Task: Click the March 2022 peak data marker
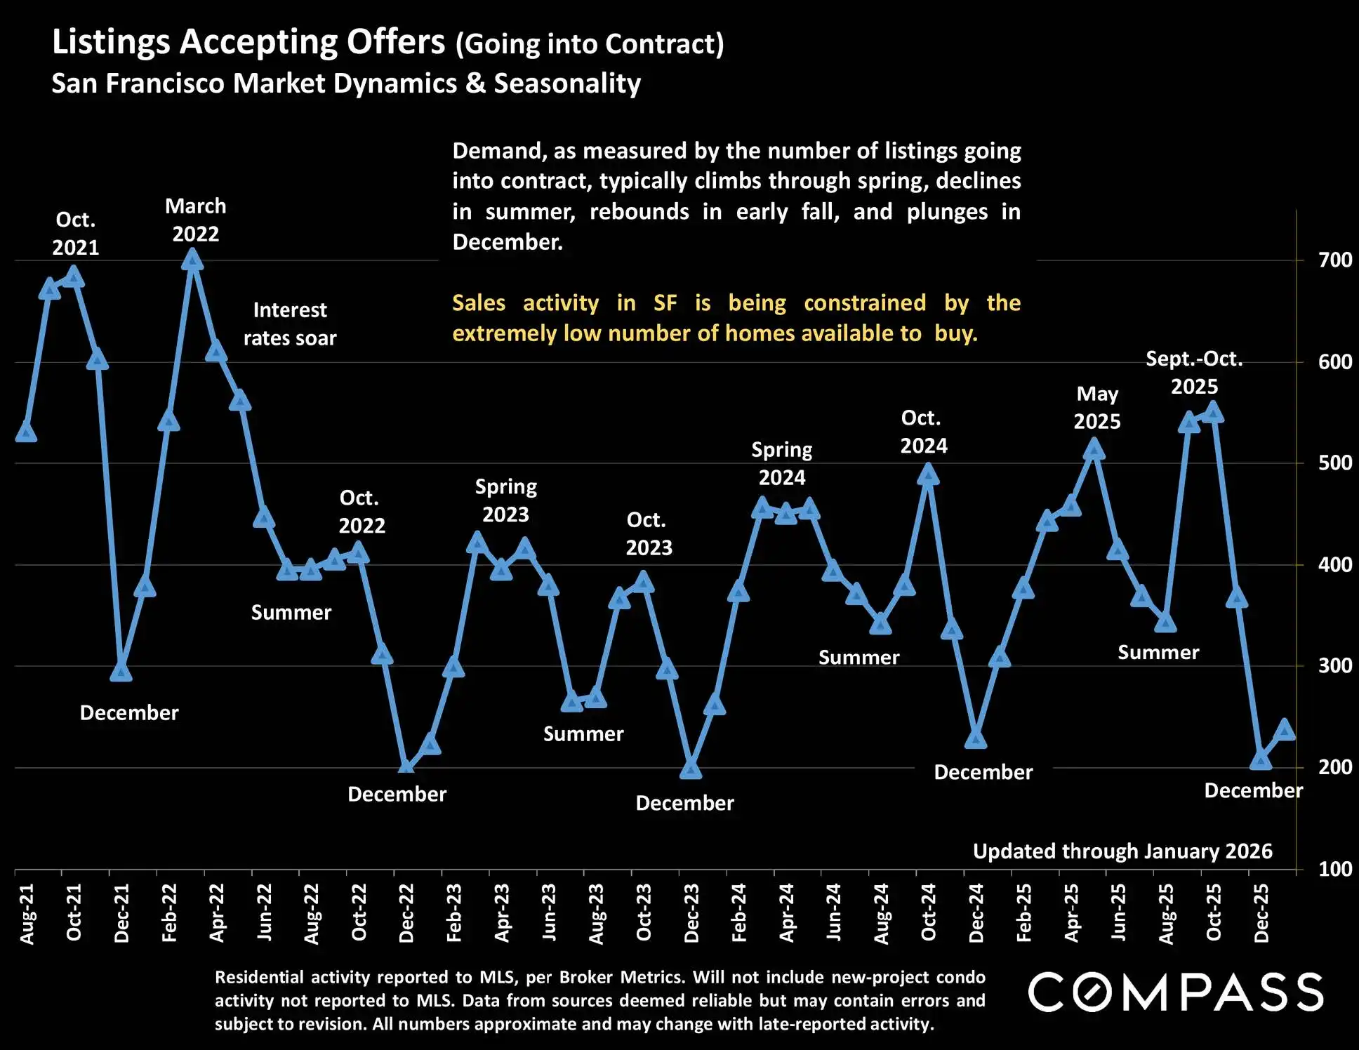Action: tap(192, 260)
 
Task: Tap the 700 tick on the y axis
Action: tap(1334, 260)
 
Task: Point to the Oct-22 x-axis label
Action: tap(359, 912)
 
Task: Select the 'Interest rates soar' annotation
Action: tap(290, 324)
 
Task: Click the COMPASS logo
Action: tap(1176, 992)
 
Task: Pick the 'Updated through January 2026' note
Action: tap(1122, 851)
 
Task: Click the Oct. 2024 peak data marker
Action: tap(928, 476)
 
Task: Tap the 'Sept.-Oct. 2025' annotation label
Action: tap(1194, 373)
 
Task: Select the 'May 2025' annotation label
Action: tap(1097, 408)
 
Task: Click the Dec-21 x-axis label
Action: tap(121, 912)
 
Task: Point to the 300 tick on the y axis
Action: tap(1334, 665)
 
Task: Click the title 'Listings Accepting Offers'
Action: tap(248, 42)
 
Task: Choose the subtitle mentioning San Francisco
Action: tap(346, 84)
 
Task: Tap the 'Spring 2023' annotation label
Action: tap(505, 500)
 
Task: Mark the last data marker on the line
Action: tap(1285, 730)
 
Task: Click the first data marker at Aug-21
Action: tap(26, 432)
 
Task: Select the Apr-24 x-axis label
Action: tap(786, 912)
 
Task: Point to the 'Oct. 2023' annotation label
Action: tap(649, 533)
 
